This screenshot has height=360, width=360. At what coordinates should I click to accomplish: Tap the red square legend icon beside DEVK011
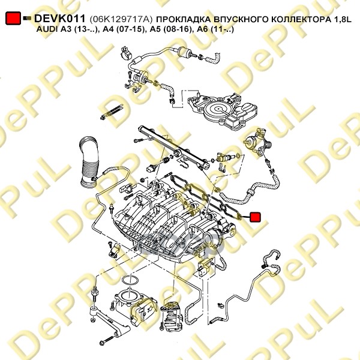[x=13, y=19]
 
